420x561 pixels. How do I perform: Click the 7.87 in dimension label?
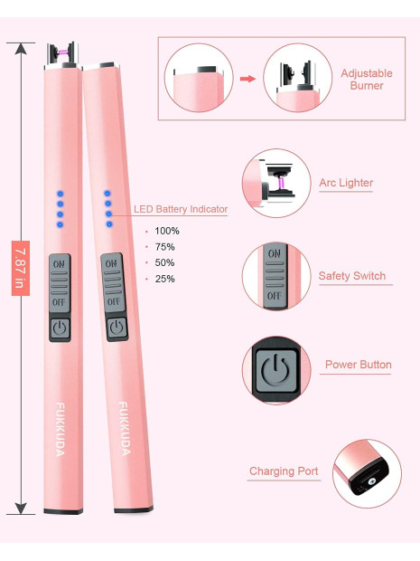(x=21, y=268)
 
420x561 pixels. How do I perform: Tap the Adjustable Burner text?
(x=367, y=80)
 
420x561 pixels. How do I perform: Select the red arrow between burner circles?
(x=247, y=79)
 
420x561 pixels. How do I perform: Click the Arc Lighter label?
(x=346, y=183)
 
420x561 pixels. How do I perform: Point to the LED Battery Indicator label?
(x=181, y=209)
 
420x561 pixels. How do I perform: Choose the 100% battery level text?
(x=167, y=231)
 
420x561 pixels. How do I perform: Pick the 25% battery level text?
(x=164, y=279)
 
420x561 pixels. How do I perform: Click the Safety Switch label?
(x=352, y=276)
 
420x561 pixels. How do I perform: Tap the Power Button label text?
(x=359, y=365)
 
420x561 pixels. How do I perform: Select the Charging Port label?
(x=284, y=471)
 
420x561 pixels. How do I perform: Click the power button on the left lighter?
(x=60, y=328)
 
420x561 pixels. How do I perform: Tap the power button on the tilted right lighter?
(x=117, y=328)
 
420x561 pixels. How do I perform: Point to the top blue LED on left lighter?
(x=60, y=194)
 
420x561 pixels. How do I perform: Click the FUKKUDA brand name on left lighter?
(x=60, y=429)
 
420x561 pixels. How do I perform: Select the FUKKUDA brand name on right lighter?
(x=124, y=428)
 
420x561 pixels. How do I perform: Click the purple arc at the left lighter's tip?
(x=63, y=52)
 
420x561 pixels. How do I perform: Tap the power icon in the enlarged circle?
(x=275, y=370)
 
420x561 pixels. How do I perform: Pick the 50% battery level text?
(x=164, y=263)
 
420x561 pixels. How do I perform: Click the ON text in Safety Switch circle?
(x=275, y=253)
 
